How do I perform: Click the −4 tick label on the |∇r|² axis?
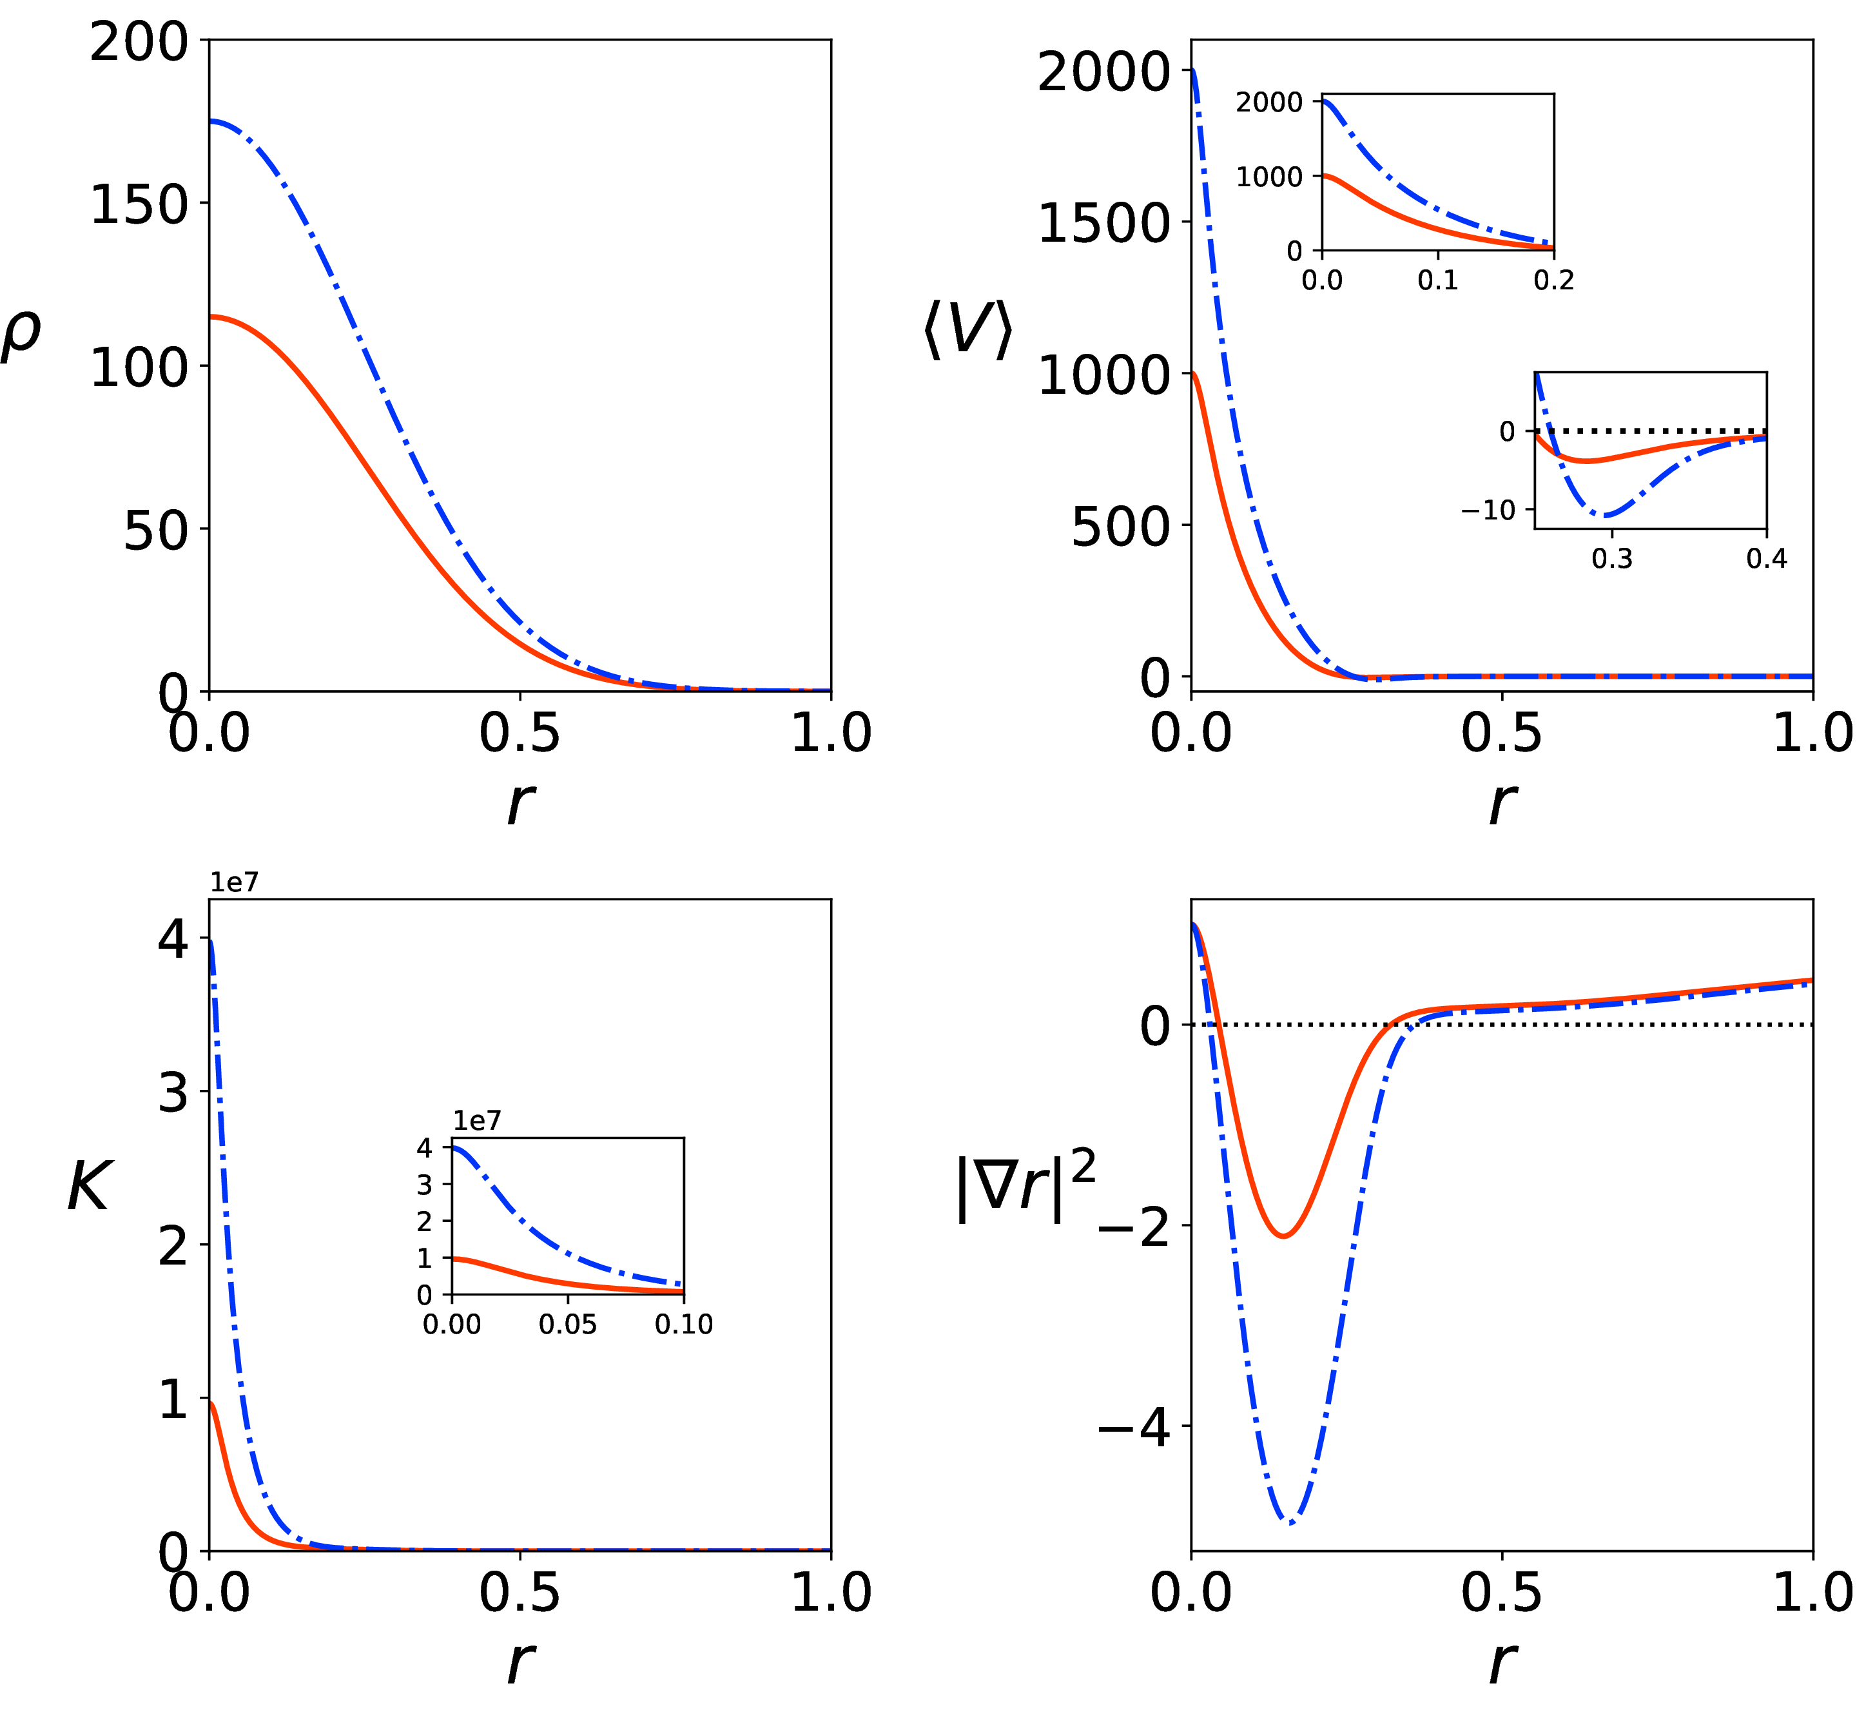coord(1133,1427)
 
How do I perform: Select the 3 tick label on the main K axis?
coord(173,1093)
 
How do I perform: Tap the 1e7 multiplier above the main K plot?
coord(233,882)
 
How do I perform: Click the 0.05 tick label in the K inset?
coord(567,1324)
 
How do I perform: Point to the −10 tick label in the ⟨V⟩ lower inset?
coord(1488,510)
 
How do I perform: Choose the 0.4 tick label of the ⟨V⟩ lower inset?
coord(1766,558)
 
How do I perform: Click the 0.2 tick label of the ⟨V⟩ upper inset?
coord(1553,280)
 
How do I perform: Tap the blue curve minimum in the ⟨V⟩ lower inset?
coord(1606,515)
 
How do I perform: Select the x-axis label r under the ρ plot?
coord(520,802)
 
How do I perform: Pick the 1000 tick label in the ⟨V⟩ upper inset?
coord(1268,177)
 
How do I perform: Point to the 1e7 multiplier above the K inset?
coord(477,1121)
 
